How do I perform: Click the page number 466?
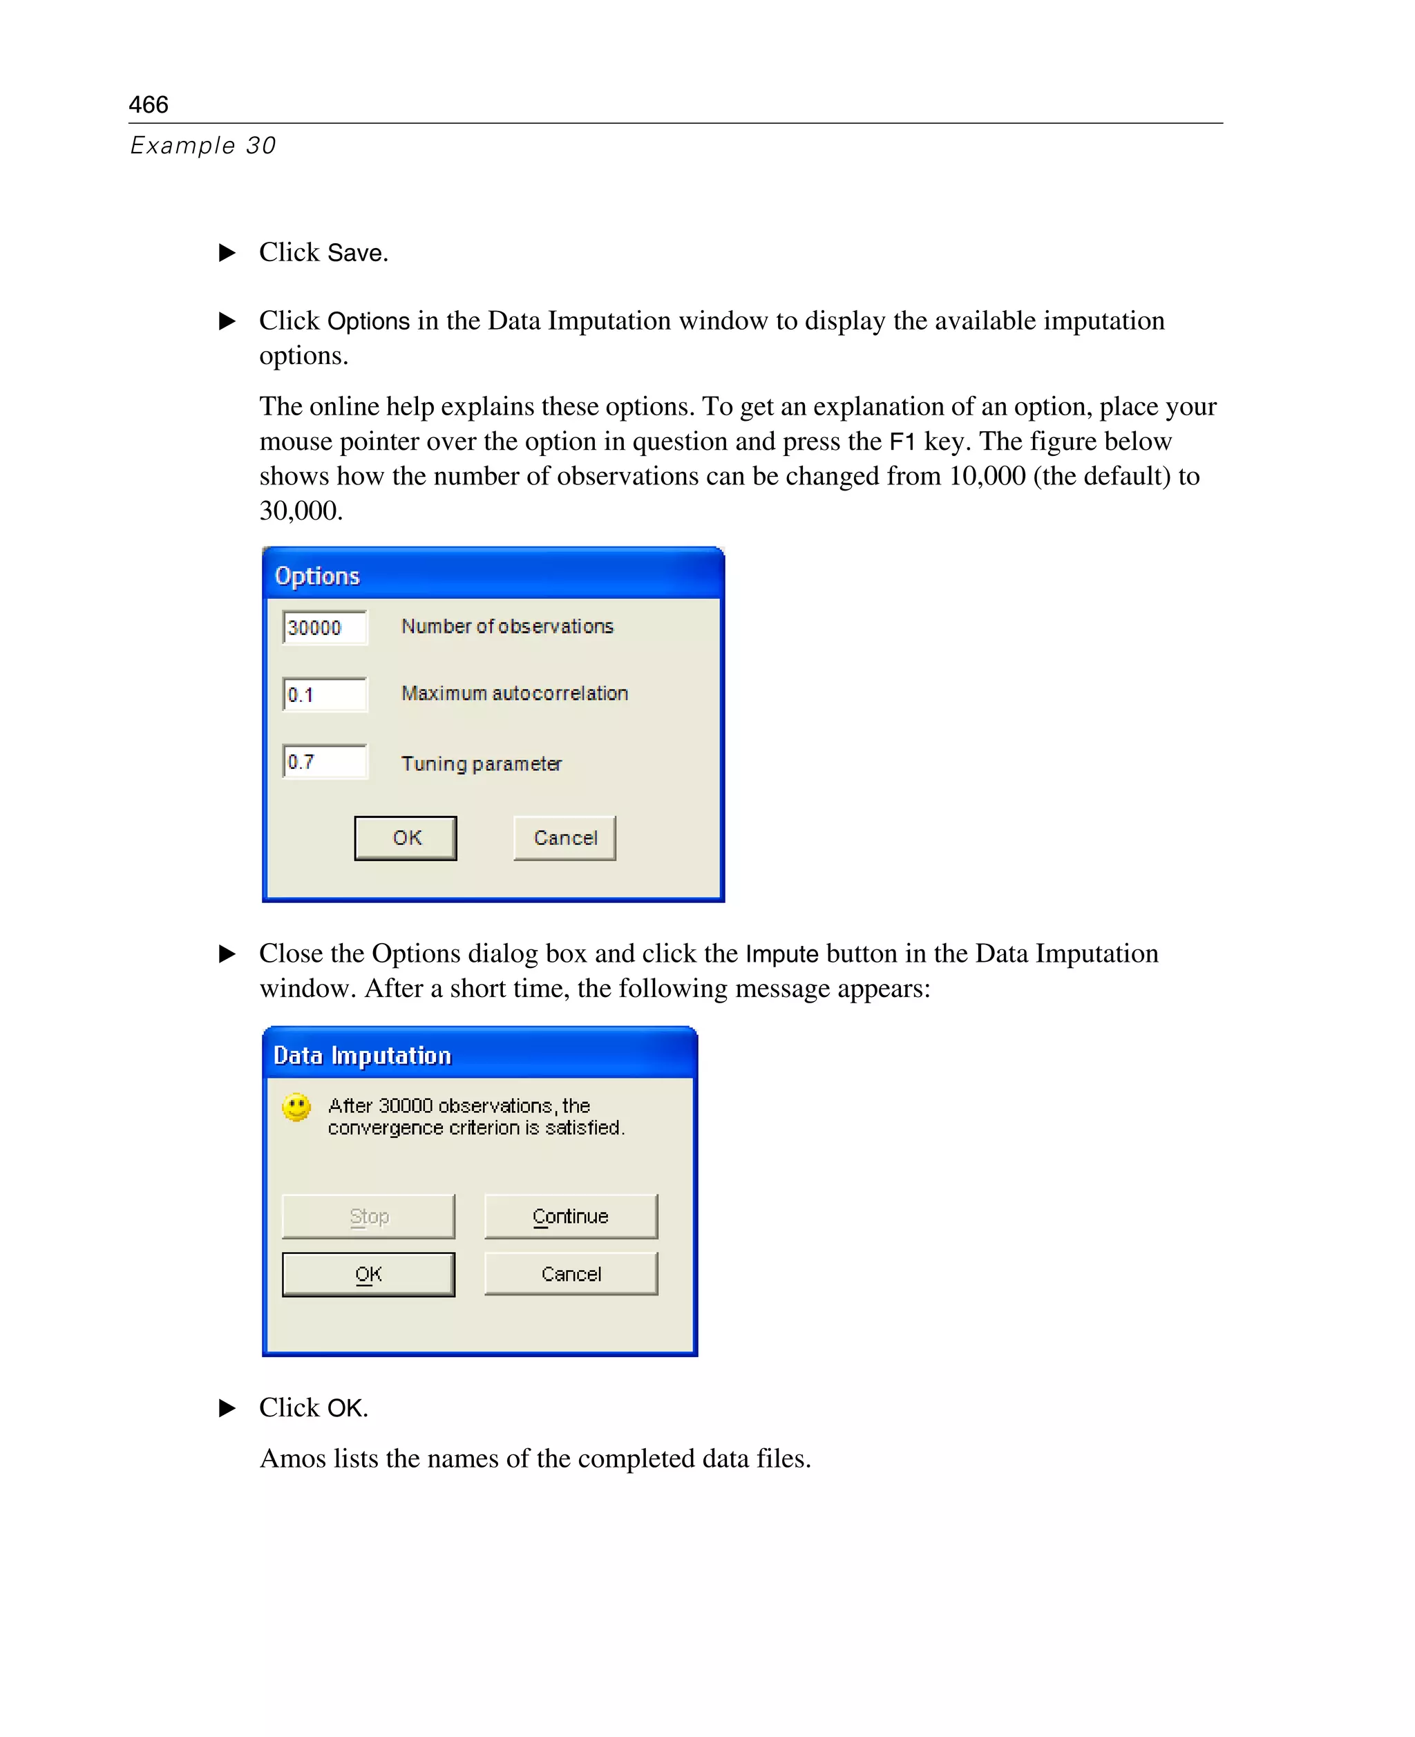149,104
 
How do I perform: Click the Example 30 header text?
203,145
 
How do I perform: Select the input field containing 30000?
325,627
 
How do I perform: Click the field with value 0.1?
325,694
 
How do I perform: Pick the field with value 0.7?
325,761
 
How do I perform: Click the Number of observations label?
507,626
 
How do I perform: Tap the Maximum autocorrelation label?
514,693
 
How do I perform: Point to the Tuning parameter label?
481,763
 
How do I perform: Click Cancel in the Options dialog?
565,838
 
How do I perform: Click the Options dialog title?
317,576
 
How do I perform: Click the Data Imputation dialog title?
362,1056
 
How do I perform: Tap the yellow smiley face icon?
296,1107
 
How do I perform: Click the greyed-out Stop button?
368,1216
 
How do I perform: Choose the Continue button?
571,1216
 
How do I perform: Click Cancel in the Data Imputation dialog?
571,1274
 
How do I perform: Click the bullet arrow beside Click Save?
227,253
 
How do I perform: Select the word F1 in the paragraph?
902,442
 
